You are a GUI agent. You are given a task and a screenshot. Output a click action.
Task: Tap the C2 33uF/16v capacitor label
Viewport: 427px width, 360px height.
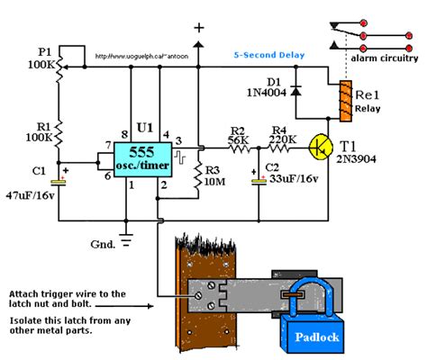[x=290, y=178]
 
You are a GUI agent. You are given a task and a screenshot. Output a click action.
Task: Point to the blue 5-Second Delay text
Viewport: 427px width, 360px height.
[x=270, y=55]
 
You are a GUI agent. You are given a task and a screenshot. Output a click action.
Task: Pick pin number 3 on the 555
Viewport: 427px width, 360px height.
[x=177, y=142]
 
